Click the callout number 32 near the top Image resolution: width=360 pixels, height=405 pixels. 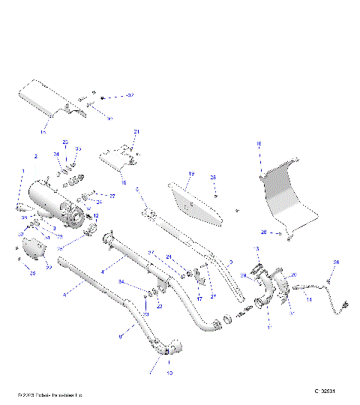click(130, 97)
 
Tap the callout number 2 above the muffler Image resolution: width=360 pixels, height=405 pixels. click(35, 157)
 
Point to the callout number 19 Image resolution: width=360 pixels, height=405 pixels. click(190, 175)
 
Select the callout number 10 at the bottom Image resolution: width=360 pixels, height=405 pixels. click(169, 372)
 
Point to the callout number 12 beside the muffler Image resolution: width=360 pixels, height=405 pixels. click(95, 216)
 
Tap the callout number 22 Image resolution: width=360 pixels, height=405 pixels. click(48, 266)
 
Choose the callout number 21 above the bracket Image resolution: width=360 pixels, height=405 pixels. click(136, 131)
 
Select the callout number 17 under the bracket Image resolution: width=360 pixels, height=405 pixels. click(199, 298)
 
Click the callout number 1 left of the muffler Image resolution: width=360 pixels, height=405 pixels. click(23, 172)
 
